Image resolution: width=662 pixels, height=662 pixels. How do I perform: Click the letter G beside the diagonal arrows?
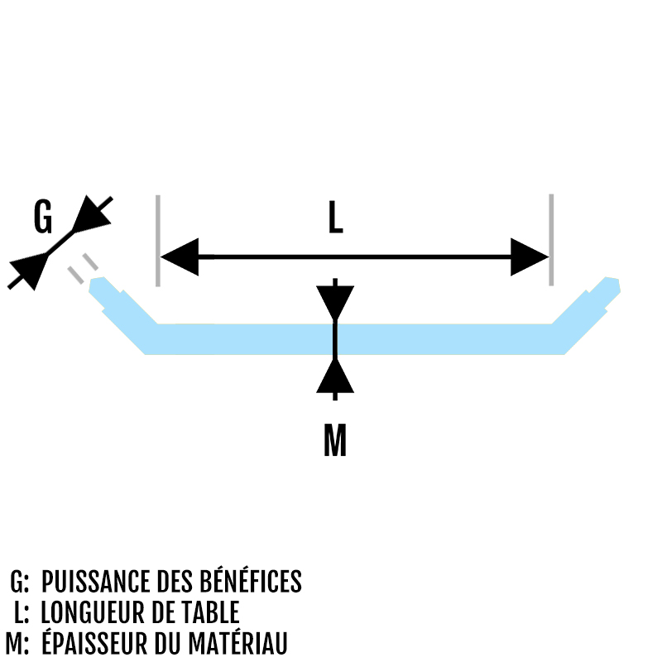coord(43,218)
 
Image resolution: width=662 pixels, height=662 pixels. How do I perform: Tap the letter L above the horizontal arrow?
coord(334,218)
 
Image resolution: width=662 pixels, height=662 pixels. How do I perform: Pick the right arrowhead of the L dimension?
coord(529,257)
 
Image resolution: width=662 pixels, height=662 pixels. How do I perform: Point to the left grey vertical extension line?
coord(156,240)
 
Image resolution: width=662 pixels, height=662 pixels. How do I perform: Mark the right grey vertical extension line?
coord(551,240)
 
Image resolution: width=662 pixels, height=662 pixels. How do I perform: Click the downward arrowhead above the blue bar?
coord(334,303)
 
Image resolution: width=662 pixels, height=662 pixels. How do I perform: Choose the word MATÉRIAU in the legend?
coord(241,643)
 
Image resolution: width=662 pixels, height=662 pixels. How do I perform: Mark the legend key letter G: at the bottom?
coord(19,582)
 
